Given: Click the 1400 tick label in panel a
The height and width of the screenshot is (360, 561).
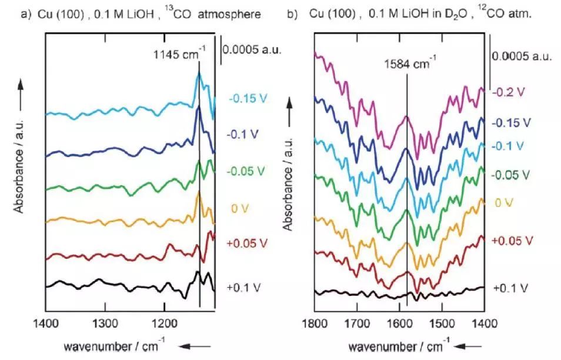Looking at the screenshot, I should pos(45,322).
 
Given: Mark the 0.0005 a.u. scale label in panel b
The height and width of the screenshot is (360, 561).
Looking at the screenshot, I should pos(522,56).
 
